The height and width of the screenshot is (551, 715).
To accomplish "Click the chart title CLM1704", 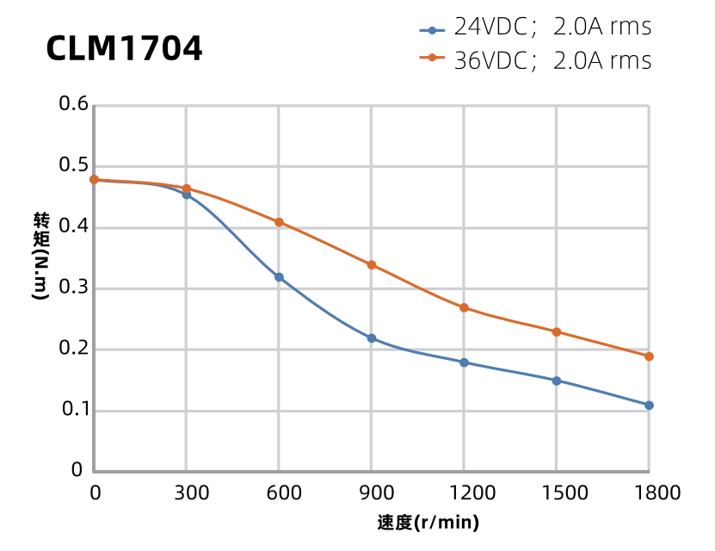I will click(124, 48).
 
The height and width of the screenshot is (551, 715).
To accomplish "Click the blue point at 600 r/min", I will click(279, 277).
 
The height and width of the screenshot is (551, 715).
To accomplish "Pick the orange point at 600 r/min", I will click(279, 222).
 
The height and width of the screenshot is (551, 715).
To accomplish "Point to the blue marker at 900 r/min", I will click(372, 338).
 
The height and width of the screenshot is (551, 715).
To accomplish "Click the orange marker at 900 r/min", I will click(372, 265).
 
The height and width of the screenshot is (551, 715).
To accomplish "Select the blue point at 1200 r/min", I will click(464, 362).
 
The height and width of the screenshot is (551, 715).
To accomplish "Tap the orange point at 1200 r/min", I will click(464, 307).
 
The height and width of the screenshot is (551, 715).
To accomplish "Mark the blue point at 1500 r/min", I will click(557, 381).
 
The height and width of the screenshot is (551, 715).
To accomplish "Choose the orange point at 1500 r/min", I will click(557, 331).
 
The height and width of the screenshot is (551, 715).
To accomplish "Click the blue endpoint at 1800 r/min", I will click(649, 406).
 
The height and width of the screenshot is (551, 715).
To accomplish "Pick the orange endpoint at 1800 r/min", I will click(649, 356).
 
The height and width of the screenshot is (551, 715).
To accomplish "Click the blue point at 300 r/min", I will click(187, 195).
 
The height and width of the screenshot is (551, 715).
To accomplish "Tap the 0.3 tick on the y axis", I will click(73, 288).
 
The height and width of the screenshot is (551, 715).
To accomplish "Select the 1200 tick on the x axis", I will click(464, 492).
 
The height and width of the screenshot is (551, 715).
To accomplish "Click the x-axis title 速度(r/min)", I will click(428, 523).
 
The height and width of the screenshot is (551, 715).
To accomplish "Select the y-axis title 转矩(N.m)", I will click(40, 255).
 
